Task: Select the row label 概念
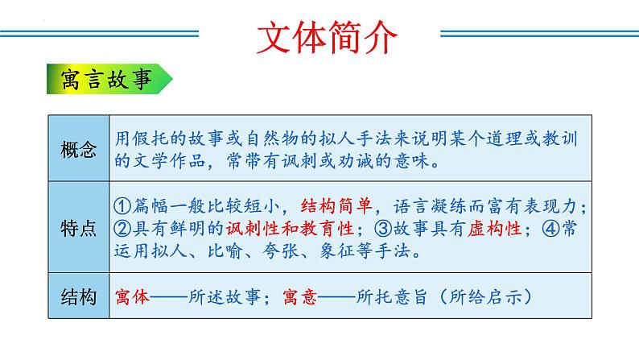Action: [79, 150]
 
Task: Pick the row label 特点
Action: [79, 228]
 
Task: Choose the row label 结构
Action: [79, 296]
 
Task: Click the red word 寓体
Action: [133, 296]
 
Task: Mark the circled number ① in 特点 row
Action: [124, 204]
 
